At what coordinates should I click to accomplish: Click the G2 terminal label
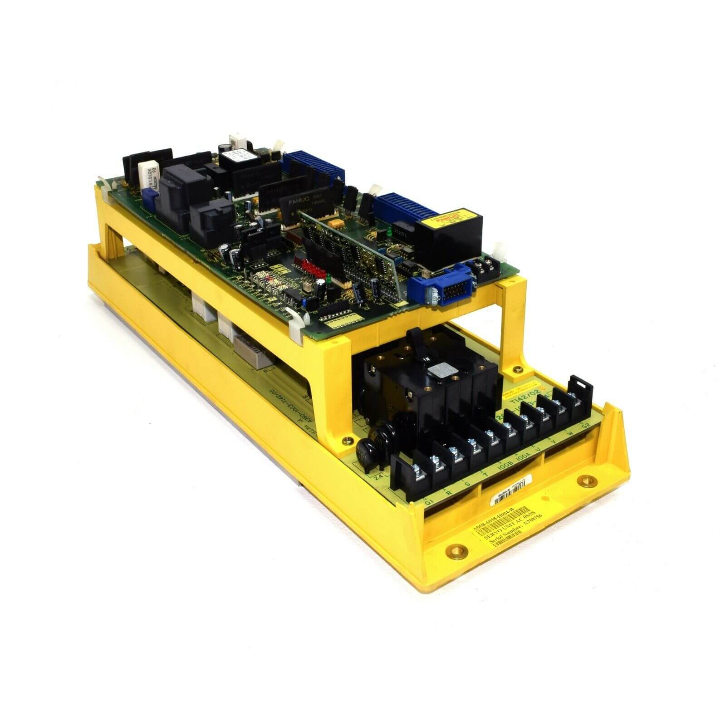tap(586, 427)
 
